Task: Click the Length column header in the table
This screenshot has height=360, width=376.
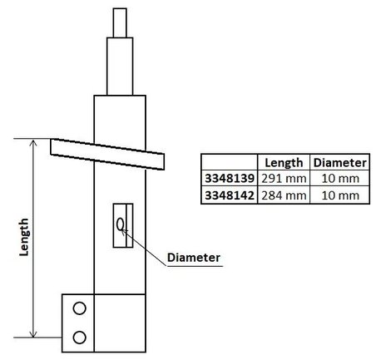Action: pos(284,162)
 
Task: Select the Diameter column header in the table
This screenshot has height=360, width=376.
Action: pos(340,162)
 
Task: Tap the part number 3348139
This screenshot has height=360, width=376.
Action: pos(230,179)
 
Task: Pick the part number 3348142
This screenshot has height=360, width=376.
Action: pos(230,195)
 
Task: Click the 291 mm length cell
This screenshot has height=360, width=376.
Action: pos(284,179)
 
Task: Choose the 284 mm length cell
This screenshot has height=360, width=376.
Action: pos(284,195)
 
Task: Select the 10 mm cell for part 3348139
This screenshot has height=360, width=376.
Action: pos(340,179)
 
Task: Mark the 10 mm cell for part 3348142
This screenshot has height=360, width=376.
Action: pos(340,195)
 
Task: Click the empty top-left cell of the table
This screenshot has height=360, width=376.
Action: pos(230,162)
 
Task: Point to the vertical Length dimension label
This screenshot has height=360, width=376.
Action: pos(24,237)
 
